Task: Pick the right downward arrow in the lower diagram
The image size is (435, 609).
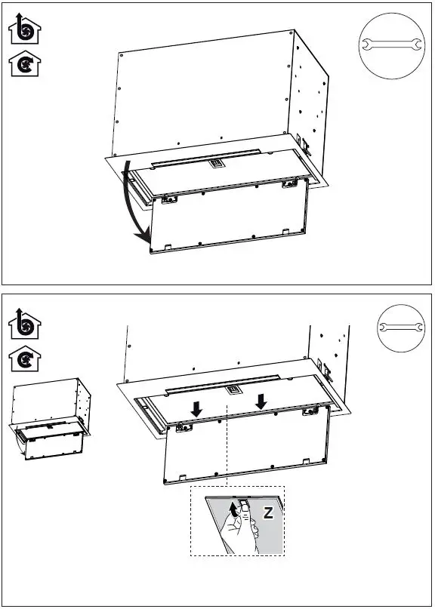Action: [261, 401]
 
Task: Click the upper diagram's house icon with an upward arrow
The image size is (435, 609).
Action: [25, 31]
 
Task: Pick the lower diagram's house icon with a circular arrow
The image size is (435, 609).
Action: [25, 360]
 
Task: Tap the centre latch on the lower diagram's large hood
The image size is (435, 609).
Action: [235, 389]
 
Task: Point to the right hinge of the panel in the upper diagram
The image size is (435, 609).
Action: [288, 184]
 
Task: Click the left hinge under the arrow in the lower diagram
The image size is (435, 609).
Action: [182, 428]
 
